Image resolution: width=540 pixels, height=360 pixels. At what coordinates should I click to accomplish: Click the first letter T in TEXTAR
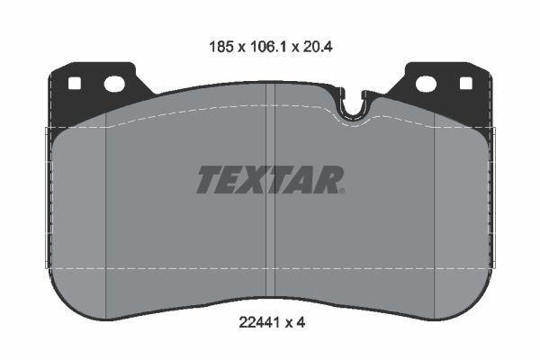coord(208,180)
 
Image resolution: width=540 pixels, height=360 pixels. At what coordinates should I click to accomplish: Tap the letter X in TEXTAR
coord(256,180)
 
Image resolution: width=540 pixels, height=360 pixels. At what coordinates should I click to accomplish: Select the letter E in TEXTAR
coord(231,180)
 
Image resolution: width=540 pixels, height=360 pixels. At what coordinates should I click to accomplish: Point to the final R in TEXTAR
coord(329,180)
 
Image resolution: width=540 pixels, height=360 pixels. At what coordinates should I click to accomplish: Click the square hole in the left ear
coord(74,85)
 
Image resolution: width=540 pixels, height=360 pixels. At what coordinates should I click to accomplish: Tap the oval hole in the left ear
coord(114,85)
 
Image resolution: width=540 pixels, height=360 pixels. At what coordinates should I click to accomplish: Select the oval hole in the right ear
coord(425,84)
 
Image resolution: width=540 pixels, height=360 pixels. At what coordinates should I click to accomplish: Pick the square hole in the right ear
coord(465,84)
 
